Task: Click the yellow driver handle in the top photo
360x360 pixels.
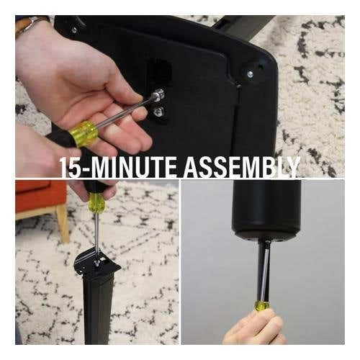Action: pyautogui.click(x=84, y=133)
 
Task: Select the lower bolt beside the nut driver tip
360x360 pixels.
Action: pyautogui.click(x=158, y=112)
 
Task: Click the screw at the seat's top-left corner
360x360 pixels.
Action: pyautogui.click(x=73, y=30)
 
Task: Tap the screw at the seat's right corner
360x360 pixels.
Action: pyautogui.click(x=250, y=73)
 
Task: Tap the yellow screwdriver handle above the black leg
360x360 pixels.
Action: pyautogui.click(x=94, y=202)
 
